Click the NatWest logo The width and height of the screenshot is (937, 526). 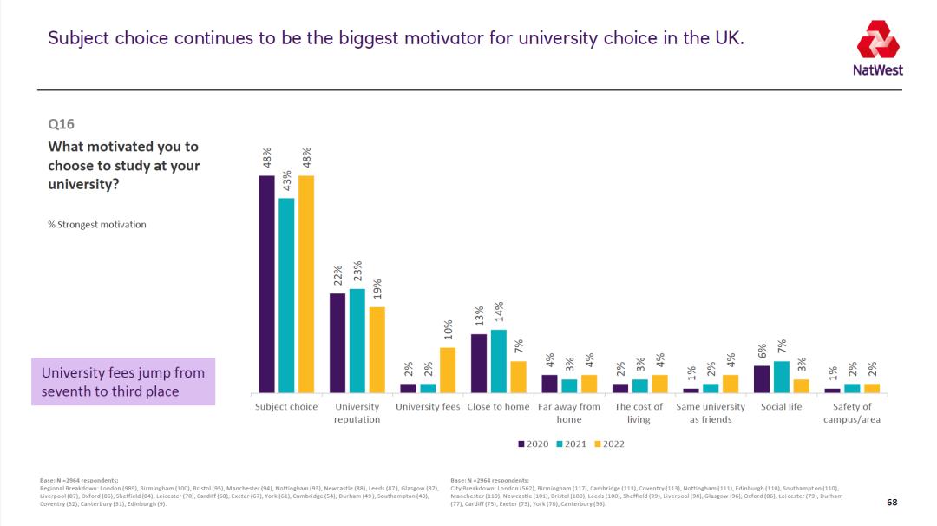tap(879, 48)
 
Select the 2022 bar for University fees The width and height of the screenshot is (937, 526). tap(447, 370)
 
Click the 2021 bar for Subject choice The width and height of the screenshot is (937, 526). tap(286, 295)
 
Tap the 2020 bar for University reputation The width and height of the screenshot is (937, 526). tap(337, 343)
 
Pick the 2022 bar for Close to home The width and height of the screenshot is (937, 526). tap(518, 377)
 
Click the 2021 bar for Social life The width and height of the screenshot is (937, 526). tap(782, 377)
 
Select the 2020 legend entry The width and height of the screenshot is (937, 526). tap(534, 444)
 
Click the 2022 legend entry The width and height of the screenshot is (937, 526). tap(610, 444)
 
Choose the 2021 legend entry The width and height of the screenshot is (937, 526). tap(572, 444)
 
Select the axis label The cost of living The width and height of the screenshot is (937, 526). tap(638, 413)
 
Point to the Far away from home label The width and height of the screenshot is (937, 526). tap(569, 413)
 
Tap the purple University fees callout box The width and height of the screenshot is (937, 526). tap(123, 382)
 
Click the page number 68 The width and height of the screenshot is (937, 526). tap(892, 503)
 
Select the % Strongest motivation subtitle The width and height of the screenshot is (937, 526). tap(96, 225)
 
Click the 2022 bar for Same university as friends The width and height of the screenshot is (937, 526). tap(731, 384)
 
